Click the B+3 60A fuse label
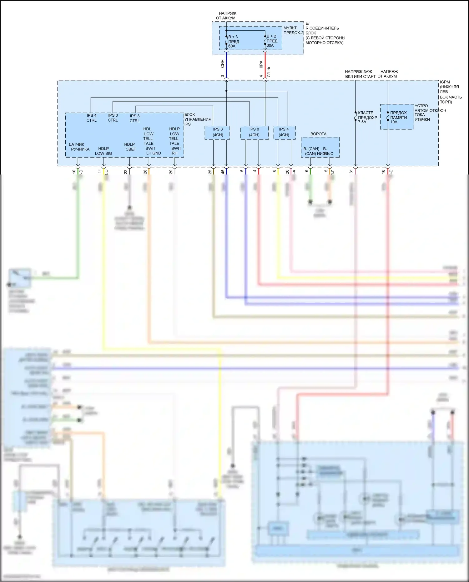tap(233, 41)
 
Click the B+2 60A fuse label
tap(271, 41)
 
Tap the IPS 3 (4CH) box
tap(218, 132)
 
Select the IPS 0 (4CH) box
tap(254, 132)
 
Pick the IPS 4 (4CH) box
tap(284, 132)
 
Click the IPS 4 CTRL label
tap(91, 118)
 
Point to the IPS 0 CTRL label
tap(113, 118)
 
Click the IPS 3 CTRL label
tap(135, 118)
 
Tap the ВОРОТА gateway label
tap(318, 134)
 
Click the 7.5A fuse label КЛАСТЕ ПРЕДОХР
tap(367, 117)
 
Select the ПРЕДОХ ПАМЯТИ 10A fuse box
tap(397, 117)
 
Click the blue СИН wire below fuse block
tap(226, 64)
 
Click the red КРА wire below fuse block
tap(265, 64)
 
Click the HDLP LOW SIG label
tap(103, 151)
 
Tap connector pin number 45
tap(223, 172)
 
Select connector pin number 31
tap(351, 172)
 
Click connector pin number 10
tap(74, 172)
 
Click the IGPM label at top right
tap(445, 82)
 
